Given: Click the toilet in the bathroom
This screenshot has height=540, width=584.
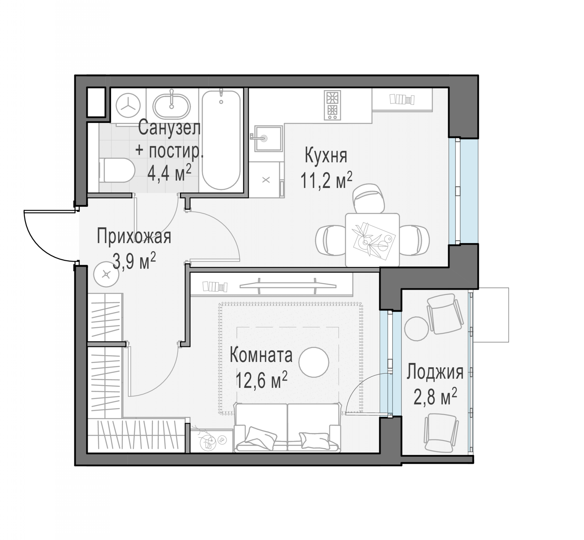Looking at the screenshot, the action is click(117, 170).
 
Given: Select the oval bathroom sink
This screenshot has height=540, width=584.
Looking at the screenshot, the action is click(172, 105).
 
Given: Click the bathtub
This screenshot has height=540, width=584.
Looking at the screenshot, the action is click(221, 140).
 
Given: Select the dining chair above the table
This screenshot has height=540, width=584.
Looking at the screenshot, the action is click(369, 198).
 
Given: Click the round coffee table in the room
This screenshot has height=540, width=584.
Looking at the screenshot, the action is click(314, 362).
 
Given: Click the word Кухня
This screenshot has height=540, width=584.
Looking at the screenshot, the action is click(326, 156).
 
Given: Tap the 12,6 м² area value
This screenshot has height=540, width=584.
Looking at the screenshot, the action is click(261, 380).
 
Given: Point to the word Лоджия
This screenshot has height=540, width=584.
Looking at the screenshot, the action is click(435, 372).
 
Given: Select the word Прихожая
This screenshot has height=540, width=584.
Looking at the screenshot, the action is click(134, 236).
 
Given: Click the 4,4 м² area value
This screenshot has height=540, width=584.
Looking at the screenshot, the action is click(169, 173).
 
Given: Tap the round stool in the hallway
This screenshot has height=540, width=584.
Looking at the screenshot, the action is click(106, 274).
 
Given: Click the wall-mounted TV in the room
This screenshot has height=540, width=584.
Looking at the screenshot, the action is click(288, 285).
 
